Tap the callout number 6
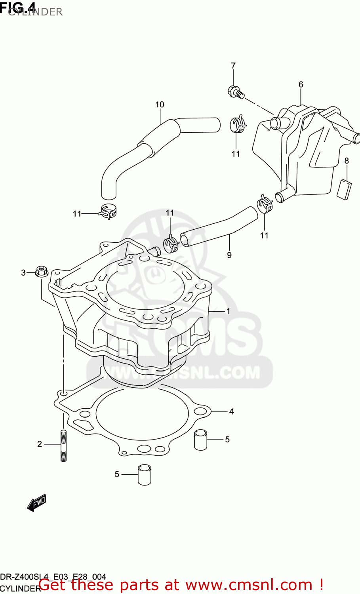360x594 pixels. point(301,84)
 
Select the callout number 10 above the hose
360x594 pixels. point(160,105)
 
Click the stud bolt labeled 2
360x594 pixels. point(63,445)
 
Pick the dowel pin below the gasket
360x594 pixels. point(145,474)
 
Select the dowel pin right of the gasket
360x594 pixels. point(201,440)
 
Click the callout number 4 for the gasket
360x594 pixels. point(232,411)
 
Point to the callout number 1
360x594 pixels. point(228,311)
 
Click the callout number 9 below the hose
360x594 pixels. point(229,255)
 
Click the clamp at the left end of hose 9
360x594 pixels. point(171,244)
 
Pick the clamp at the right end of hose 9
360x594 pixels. point(265,204)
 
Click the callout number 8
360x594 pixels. point(347,161)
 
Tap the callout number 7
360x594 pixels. point(233,66)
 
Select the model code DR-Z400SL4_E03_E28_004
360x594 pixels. point(53,577)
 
